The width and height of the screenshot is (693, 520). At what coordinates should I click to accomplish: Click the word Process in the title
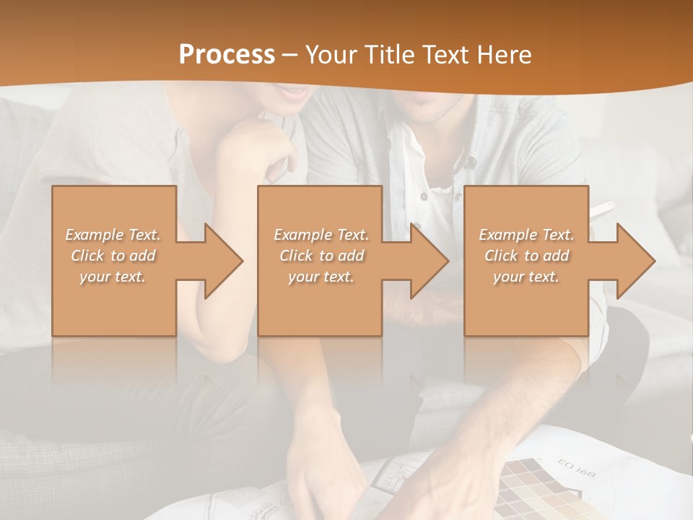tap(227, 55)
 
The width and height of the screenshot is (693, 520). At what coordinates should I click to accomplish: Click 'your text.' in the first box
tap(112, 277)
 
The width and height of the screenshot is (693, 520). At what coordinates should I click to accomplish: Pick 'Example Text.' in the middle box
tap(321, 235)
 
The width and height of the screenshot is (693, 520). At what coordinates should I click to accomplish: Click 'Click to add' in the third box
tap(527, 256)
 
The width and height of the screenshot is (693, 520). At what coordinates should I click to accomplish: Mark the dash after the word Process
tap(289, 56)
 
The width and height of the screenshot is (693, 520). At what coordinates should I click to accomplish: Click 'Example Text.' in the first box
tap(113, 235)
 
